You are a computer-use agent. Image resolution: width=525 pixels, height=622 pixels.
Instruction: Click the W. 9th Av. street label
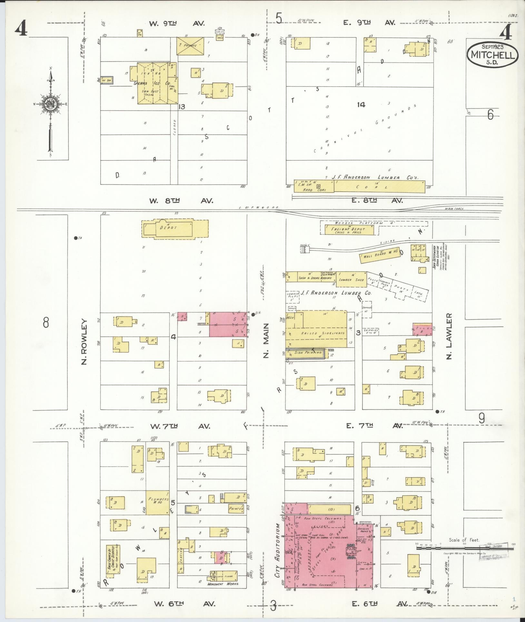tap(177, 23)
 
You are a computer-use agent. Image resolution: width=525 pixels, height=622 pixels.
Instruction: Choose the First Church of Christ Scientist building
tap(113, 564)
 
